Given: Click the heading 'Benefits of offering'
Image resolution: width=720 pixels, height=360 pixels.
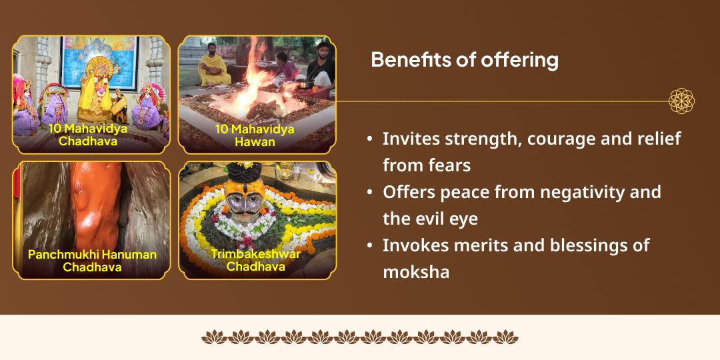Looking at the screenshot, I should (464, 60).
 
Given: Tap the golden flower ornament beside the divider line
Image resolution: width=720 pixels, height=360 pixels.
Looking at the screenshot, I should (681, 101).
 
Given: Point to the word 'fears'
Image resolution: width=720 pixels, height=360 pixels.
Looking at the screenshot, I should (447, 165).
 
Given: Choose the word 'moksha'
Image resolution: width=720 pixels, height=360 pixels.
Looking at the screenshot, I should (416, 271).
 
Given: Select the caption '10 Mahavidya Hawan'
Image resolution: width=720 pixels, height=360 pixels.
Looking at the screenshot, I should (255, 135).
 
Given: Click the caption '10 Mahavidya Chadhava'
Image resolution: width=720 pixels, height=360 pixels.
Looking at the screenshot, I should (88, 134).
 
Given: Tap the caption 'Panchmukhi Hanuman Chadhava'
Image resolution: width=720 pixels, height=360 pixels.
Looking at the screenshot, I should (92, 261).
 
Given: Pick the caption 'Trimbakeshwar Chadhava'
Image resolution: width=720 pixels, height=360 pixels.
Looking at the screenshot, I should (256, 260).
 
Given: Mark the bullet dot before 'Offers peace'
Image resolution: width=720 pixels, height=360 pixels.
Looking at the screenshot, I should (370, 192).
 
